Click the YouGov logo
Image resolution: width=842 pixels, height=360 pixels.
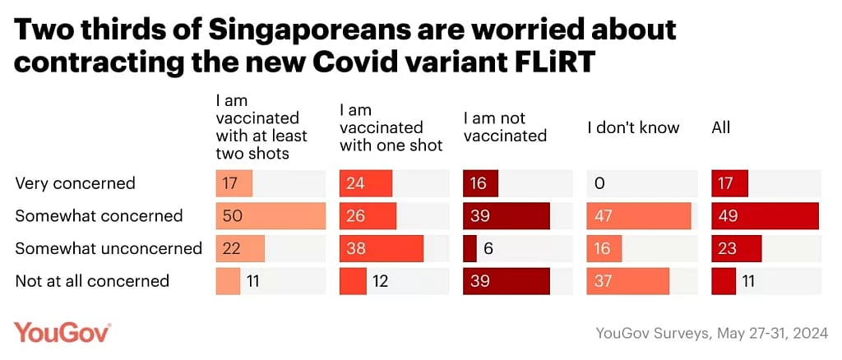point(62,332)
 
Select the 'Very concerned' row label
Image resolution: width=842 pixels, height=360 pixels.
point(75,183)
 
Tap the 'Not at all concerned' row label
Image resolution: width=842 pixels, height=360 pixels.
point(92,281)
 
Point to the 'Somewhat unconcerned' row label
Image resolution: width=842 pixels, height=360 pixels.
point(109,248)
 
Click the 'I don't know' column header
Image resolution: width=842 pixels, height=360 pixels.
point(633,127)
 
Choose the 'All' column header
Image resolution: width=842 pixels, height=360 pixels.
point(721,127)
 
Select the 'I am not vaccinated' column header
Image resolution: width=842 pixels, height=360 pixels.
point(505,127)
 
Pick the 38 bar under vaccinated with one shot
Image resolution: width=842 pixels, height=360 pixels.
point(381,248)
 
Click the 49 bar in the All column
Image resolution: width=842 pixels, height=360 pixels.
point(765,216)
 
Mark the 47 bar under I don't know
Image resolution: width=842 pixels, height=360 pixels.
point(639,216)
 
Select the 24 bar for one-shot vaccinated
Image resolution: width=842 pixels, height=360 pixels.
point(366,183)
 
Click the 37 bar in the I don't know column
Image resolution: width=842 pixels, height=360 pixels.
point(628,281)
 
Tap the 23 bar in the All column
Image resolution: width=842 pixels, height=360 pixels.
point(737,248)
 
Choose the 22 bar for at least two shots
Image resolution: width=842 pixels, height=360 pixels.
point(240,248)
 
